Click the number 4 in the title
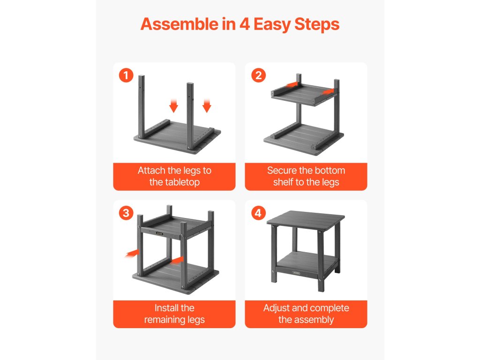[x=245, y=24]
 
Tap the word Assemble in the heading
[x=179, y=24]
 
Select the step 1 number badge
[x=126, y=75]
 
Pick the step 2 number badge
[x=258, y=75]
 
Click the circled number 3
[x=126, y=213]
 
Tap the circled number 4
[x=258, y=213]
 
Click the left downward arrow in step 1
[x=173, y=106]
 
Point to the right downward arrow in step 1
[x=207, y=106]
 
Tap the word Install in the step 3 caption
[x=166, y=307]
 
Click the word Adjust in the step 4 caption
[x=277, y=308]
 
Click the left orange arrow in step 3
[x=132, y=254]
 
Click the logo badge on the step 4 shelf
[x=296, y=272]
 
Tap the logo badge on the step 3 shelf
[x=159, y=233]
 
